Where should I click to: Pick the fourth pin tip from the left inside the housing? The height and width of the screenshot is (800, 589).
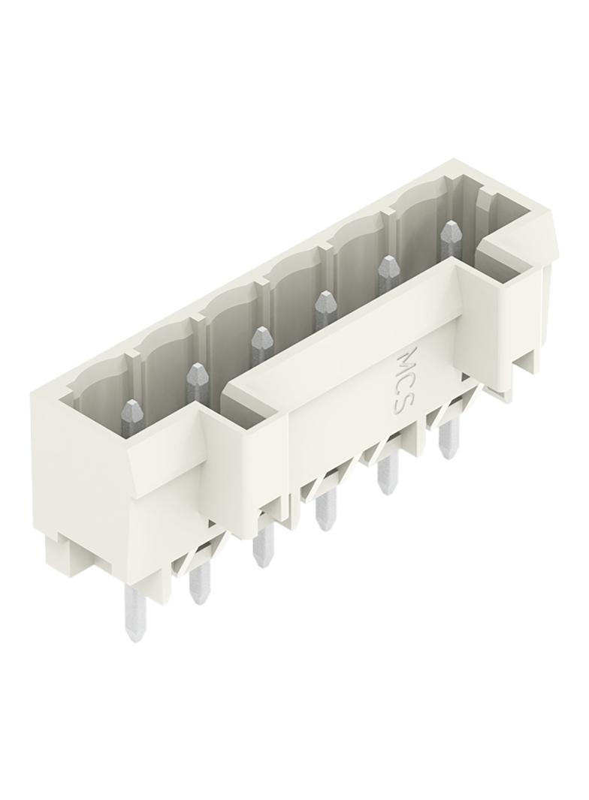[x=325, y=304]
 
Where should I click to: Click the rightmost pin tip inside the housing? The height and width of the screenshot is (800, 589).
[x=449, y=233]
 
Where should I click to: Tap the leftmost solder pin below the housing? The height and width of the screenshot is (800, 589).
[x=134, y=613]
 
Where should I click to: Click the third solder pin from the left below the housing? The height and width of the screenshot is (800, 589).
[x=263, y=546]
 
